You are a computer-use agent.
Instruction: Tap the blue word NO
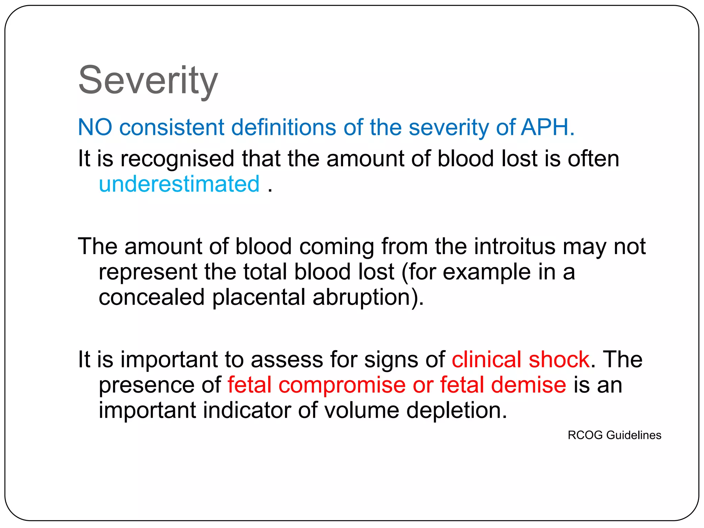pos(95,127)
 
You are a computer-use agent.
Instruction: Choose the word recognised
pos(177,159)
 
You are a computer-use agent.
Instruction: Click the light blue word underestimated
pos(179,184)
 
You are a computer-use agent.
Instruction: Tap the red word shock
pos(559,360)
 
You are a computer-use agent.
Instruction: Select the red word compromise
pos(342,385)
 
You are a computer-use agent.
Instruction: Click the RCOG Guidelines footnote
pos(614,435)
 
